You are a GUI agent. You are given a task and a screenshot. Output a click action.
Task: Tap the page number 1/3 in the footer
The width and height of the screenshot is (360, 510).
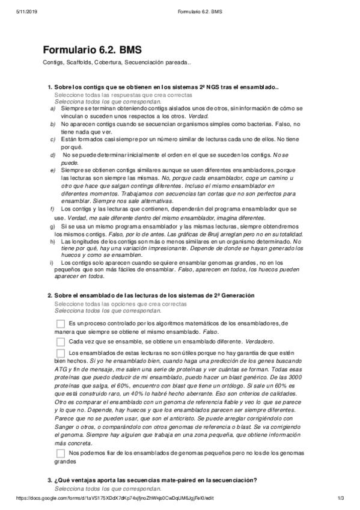tap(340, 499)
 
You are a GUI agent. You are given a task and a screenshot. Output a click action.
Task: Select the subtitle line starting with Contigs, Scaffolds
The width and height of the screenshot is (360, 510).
tap(117, 63)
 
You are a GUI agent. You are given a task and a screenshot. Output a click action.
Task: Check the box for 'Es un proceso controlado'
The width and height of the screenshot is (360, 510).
tap(60, 324)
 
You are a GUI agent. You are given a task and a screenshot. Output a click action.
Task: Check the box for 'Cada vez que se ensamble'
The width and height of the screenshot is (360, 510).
tap(60, 341)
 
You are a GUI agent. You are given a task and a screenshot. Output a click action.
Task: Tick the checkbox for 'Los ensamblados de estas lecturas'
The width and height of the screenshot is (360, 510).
tap(60, 352)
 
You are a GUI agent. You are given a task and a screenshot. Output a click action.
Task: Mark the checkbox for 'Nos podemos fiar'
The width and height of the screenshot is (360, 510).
tap(60, 453)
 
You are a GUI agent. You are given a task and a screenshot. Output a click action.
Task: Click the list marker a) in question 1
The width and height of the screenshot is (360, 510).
tap(52, 109)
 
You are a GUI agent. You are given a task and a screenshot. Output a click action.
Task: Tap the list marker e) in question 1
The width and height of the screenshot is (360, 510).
tap(52, 171)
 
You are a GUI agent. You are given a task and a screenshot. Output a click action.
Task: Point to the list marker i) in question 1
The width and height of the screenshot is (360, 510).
tap(52, 263)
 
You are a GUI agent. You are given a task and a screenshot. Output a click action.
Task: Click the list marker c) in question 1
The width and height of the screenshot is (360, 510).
tap(52, 140)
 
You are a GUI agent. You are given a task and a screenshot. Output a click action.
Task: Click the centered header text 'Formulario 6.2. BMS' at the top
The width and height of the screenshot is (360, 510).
tap(180, 7)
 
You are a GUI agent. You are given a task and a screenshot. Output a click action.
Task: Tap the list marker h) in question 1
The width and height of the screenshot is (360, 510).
tap(52, 241)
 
